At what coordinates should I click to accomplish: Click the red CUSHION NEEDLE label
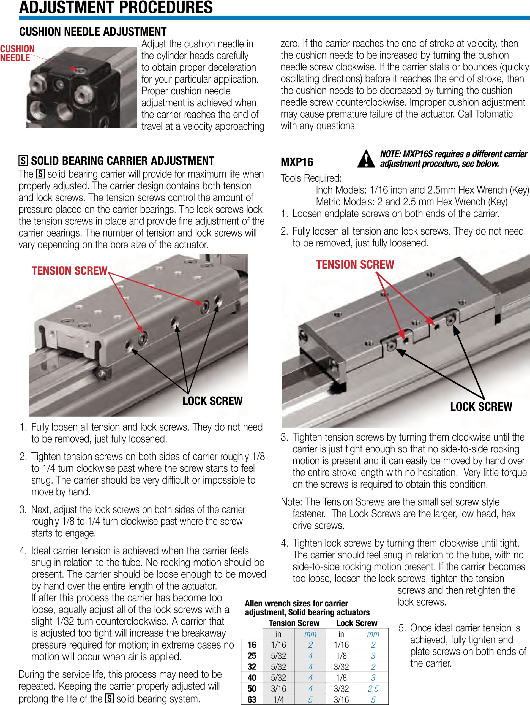click(x=17, y=53)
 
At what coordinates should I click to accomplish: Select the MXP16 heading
click(x=297, y=162)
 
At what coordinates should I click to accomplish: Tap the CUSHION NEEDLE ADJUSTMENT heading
click(x=93, y=32)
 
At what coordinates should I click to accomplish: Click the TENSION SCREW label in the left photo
click(x=69, y=271)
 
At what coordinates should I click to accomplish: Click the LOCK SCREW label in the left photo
click(x=212, y=401)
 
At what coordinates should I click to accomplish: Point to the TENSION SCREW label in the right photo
click(x=355, y=264)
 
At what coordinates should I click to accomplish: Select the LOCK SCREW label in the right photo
click(x=481, y=407)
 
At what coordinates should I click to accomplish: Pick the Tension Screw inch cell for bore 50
click(x=278, y=689)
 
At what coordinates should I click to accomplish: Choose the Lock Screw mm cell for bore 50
click(x=373, y=689)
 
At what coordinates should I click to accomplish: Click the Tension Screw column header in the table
click(x=294, y=623)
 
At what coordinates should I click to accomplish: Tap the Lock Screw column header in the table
click(x=357, y=623)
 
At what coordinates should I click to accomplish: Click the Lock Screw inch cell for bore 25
click(x=341, y=656)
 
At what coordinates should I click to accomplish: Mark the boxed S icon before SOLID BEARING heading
click(x=23, y=161)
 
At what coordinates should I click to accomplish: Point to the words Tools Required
click(x=311, y=178)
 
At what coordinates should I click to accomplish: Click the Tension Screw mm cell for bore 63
click(x=310, y=699)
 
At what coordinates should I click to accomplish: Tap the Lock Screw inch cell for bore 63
click(x=341, y=699)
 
